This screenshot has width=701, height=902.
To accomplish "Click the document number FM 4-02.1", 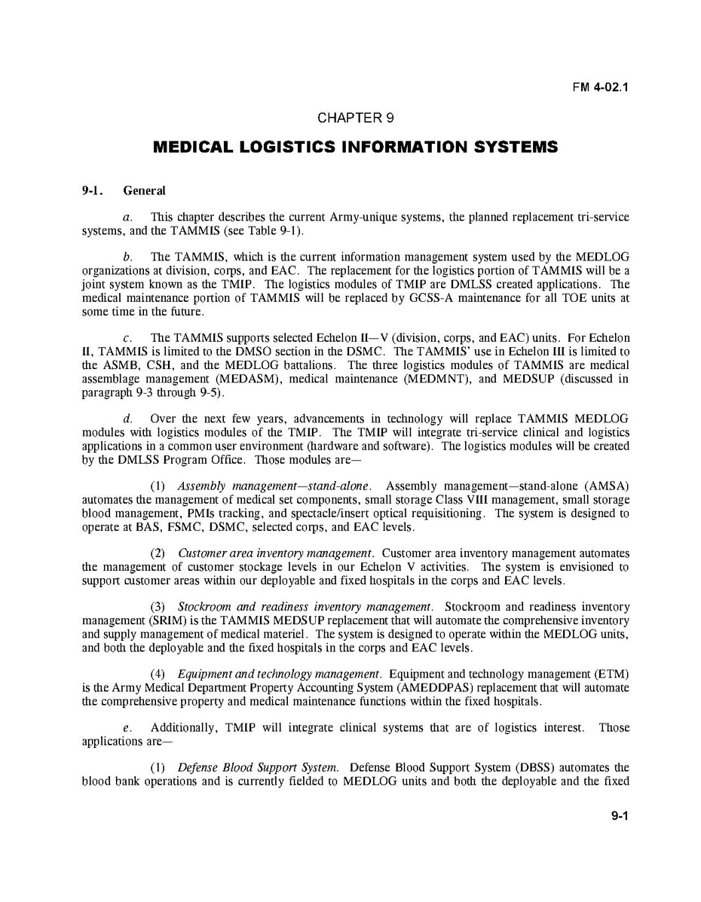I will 601,87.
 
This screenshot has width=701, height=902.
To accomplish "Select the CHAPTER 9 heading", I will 355,117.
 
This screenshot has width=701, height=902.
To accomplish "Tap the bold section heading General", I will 144,191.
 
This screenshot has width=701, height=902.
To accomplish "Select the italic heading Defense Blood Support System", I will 258,768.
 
